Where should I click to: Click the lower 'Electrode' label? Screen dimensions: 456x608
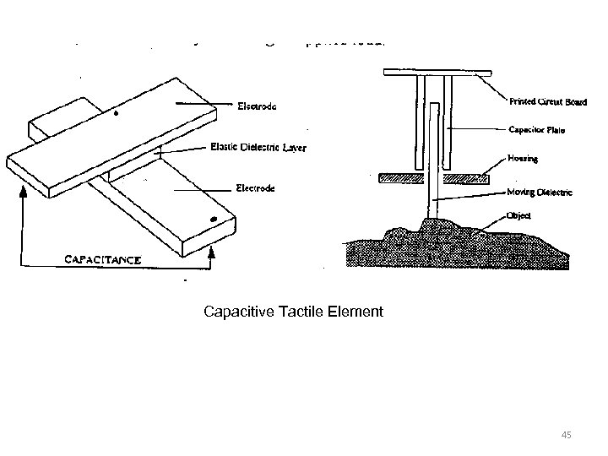[254, 188]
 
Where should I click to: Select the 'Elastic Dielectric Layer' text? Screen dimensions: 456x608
[258, 148]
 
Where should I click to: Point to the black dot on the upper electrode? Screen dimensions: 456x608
[117, 112]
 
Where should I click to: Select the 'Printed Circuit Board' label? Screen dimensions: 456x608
[547, 102]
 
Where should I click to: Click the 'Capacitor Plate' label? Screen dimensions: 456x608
[537, 130]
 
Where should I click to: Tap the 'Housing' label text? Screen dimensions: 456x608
[524, 158]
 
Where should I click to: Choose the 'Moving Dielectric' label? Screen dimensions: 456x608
[540, 193]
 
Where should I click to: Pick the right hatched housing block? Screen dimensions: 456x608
[469, 177]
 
